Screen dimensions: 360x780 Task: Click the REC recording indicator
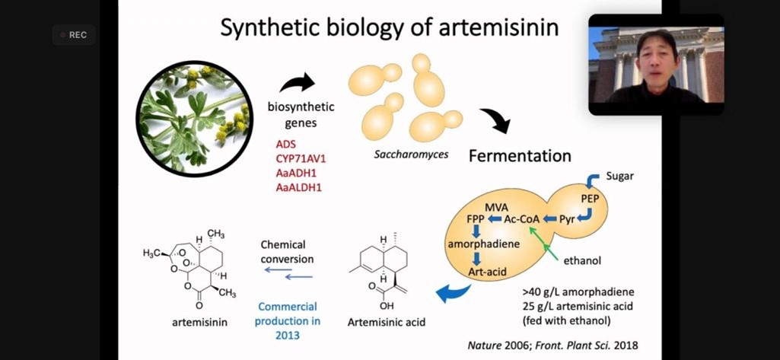tap(74, 35)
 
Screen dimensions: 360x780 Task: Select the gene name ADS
tap(286, 144)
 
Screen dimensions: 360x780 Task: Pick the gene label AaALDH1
tap(298, 186)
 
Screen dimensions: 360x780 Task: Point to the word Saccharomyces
tap(411, 155)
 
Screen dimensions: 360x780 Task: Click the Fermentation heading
tap(520, 156)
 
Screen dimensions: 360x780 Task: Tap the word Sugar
tap(619, 177)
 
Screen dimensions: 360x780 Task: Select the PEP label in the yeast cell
tap(590, 199)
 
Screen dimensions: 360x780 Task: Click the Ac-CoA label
tap(522, 219)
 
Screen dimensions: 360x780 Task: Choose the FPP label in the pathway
tap(476, 219)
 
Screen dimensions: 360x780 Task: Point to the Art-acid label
tap(487, 270)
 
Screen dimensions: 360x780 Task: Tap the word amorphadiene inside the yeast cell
tap(482, 244)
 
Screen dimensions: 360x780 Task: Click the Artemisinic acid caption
tap(387, 322)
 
